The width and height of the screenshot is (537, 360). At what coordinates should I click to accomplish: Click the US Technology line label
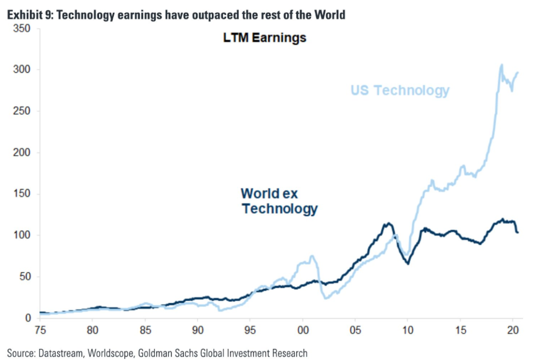(x=400, y=90)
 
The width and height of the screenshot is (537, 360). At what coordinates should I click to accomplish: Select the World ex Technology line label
(x=279, y=201)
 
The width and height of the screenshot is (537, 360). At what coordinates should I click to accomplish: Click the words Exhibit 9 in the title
(x=27, y=15)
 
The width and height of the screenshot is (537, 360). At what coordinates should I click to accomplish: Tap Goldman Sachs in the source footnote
(x=168, y=353)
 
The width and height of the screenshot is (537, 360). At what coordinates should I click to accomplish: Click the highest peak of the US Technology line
(x=501, y=65)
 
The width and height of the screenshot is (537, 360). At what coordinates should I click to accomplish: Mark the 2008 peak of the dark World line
(x=388, y=224)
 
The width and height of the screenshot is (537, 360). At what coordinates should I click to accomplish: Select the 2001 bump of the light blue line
(x=312, y=256)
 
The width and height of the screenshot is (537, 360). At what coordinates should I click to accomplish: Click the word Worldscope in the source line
(x=108, y=353)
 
